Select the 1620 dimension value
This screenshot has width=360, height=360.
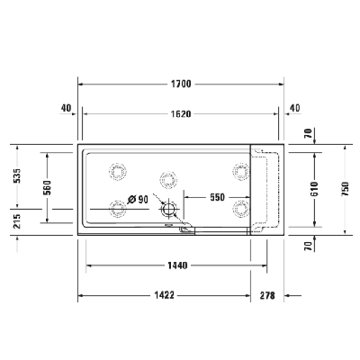181,114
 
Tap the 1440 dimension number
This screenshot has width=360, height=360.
176,265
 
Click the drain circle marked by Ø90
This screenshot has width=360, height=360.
168,211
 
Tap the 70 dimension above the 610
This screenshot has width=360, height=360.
309,133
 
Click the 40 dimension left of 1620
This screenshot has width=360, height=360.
66,109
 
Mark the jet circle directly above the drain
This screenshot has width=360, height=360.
167,177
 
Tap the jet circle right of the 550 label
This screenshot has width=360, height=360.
239,208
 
